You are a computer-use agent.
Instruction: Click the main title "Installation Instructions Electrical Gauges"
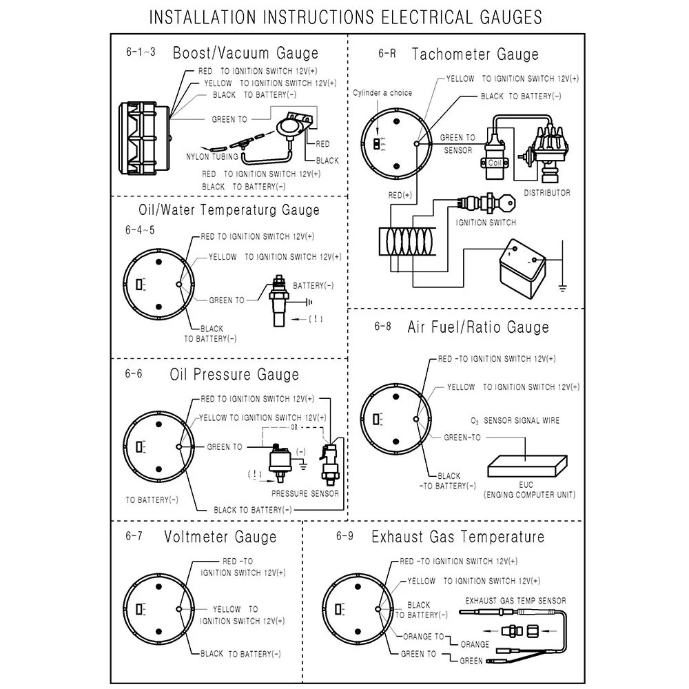(x=345, y=17)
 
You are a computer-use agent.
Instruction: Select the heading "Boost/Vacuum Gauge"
(x=245, y=53)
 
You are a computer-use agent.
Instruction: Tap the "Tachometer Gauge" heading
(x=475, y=54)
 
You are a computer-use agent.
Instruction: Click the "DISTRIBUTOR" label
(x=547, y=193)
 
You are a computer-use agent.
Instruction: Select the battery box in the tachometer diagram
(x=522, y=265)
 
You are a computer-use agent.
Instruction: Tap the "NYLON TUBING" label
(x=212, y=157)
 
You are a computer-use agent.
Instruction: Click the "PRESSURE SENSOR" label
(x=305, y=493)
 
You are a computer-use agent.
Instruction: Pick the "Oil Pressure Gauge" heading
(x=234, y=375)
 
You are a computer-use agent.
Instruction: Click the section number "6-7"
(x=134, y=537)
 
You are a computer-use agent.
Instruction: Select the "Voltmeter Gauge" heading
(x=220, y=537)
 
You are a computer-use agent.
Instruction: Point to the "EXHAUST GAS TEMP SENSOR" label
(x=515, y=601)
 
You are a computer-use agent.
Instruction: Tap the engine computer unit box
(x=527, y=466)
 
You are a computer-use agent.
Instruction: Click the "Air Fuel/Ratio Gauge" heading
(x=477, y=327)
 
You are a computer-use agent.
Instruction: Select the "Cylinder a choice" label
(x=382, y=93)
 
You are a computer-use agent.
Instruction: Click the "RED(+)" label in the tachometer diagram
(x=400, y=196)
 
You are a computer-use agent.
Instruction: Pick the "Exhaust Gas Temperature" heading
(x=457, y=537)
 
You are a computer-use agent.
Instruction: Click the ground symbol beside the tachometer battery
(x=563, y=287)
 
